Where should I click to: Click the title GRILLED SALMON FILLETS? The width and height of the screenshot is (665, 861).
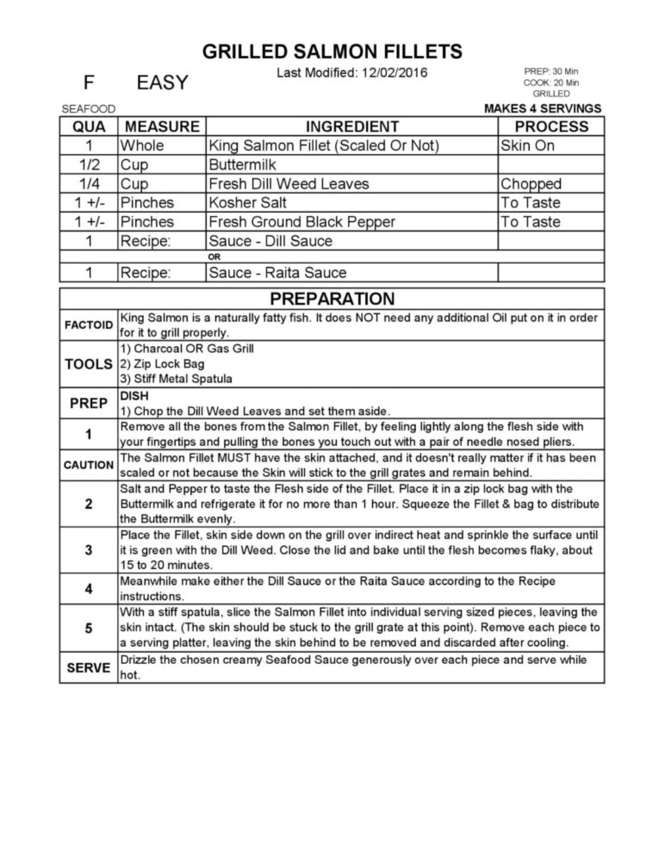332,52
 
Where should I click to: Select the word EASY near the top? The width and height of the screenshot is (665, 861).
162,82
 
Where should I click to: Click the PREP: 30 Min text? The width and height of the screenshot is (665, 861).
551,71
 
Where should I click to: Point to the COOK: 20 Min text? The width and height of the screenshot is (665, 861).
551,82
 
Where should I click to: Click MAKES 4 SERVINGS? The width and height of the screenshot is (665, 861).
543,109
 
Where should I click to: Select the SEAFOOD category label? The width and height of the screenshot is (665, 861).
88,109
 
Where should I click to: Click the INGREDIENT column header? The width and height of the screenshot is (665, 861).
351,126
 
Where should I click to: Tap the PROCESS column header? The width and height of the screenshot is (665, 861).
551,126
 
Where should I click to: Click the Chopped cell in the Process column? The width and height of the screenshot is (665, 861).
531,184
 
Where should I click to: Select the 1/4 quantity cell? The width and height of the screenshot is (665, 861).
89,184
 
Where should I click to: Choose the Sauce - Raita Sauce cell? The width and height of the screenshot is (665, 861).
277,273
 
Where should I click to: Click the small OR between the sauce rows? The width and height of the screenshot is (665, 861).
214,257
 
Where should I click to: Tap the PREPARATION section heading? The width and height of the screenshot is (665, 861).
332,298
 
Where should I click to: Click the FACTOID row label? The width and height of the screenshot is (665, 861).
88,325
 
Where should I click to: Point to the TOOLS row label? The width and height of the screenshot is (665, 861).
88,364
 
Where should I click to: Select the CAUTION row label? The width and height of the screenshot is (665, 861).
88,465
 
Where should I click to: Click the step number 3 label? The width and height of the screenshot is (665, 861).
88,550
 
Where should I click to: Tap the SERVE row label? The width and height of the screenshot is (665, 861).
88,668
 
